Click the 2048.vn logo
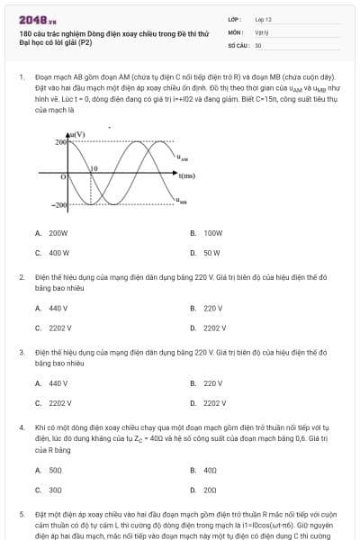click(x=31, y=19)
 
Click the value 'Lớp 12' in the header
click(x=263, y=19)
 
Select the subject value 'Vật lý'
click(x=262, y=31)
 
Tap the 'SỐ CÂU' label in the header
click(x=237, y=44)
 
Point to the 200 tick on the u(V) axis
click(x=60, y=142)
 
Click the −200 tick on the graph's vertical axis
click(x=58, y=207)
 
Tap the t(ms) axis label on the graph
click(x=187, y=175)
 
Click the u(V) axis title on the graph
click(x=77, y=134)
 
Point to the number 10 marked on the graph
click(x=93, y=168)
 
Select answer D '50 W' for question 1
click(x=211, y=253)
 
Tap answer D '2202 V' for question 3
click(x=214, y=403)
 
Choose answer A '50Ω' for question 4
click(x=54, y=469)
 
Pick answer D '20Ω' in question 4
click(x=210, y=490)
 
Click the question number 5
click(x=22, y=514)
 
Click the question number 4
click(x=22, y=427)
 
